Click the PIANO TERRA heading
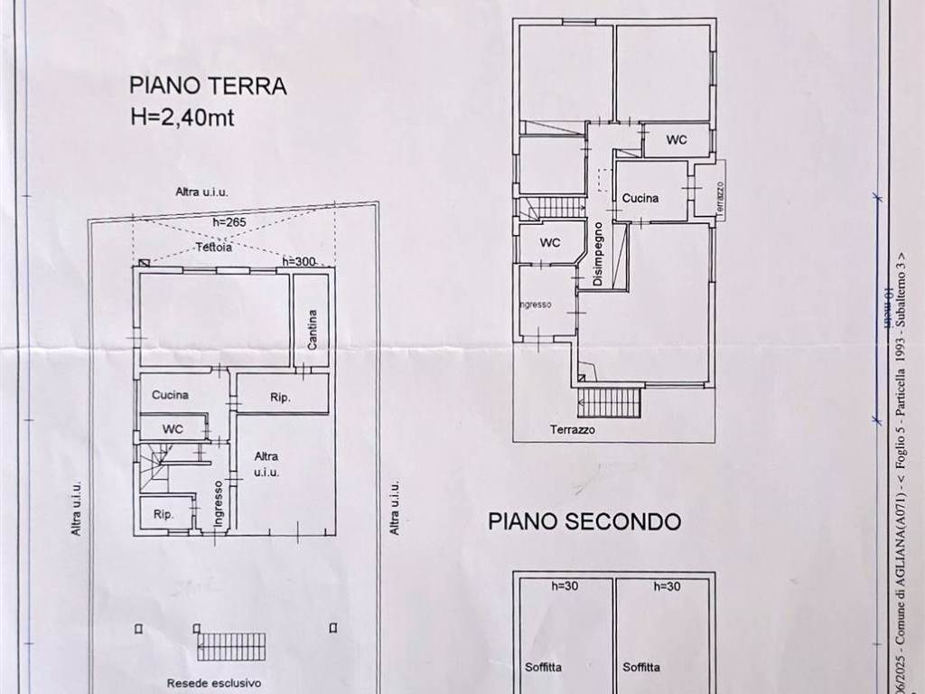click(x=208, y=86)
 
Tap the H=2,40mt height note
click(x=182, y=117)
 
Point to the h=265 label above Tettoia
click(x=229, y=222)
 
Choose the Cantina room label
click(x=312, y=328)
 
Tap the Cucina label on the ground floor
click(x=170, y=395)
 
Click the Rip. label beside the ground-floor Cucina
click(x=280, y=397)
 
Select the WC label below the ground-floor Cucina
click(x=173, y=428)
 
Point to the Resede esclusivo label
click(x=213, y=683)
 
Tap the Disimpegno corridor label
click(x=598, y=255)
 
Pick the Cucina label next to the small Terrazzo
click(x=640, y=198)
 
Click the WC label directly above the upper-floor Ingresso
click(x=550, y=243)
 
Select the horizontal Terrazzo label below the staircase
click(x=573, y=431)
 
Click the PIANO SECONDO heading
click(x=584, y=521)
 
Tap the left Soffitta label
click(x=544, y=668)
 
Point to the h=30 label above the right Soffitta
click(x=667, y=586)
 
